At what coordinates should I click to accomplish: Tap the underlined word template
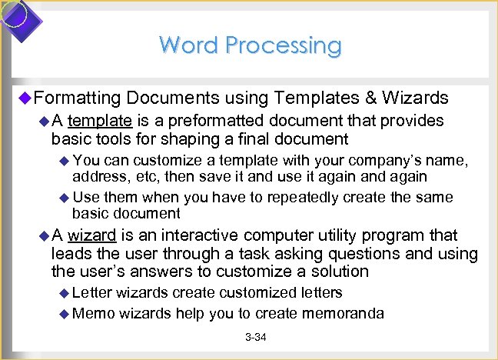(101, 121)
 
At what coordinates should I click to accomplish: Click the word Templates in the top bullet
(314, 98)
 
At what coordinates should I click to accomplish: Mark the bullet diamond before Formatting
(24, 98)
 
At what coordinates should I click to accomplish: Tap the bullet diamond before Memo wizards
(65, 313)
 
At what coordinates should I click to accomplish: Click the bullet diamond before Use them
(65, 198)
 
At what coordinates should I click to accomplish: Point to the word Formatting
(77, 98)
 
